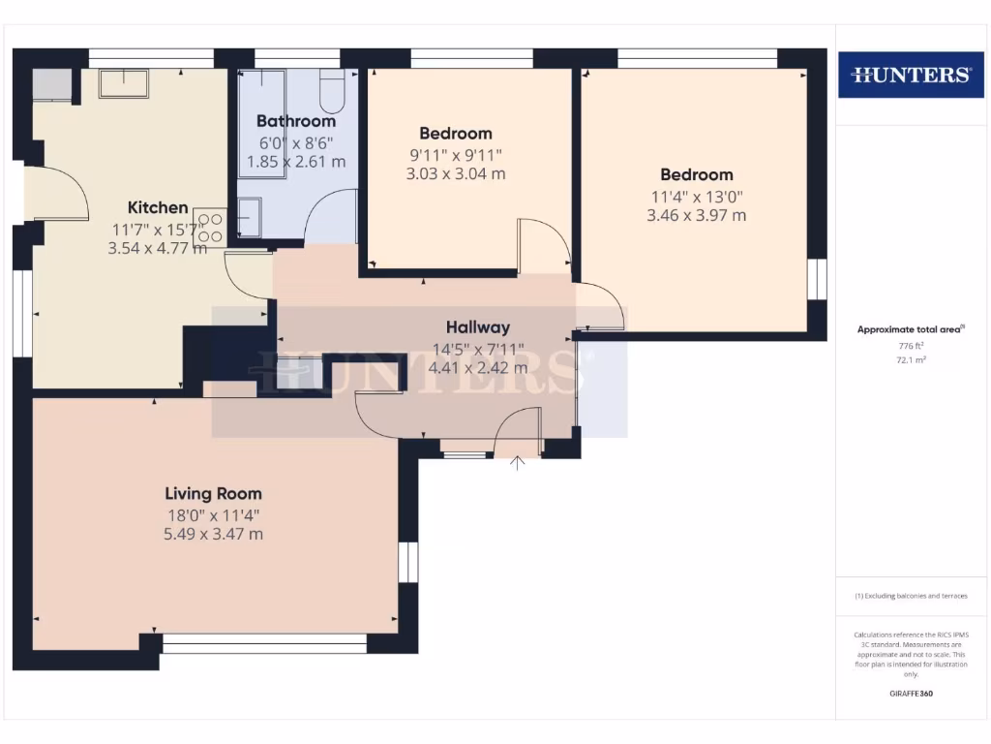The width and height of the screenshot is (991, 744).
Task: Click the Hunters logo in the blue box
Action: pos(910,75)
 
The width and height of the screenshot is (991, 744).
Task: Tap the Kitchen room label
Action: pos(158,207)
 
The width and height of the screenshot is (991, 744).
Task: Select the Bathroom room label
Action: pos(296,121)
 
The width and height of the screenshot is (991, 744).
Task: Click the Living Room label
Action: pos(213,493)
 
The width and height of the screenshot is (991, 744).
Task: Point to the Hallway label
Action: pos(477,327)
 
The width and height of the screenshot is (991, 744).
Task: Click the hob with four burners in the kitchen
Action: pos(209,227)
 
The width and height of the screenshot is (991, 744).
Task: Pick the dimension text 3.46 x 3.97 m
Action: pos(696,215)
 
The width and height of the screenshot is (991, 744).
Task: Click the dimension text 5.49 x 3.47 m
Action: pos(213,534)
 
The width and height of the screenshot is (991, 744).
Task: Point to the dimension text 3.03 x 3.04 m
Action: pos(456,174)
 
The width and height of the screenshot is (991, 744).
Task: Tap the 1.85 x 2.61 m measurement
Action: pos(296,162)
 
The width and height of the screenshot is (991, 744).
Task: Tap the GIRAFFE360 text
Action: pos(910,694)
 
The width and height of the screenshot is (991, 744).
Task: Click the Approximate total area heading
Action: pos(909,329)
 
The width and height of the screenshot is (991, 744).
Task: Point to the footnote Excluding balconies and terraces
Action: pos(910,596)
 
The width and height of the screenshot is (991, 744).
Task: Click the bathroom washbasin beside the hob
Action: pos(248,217)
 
